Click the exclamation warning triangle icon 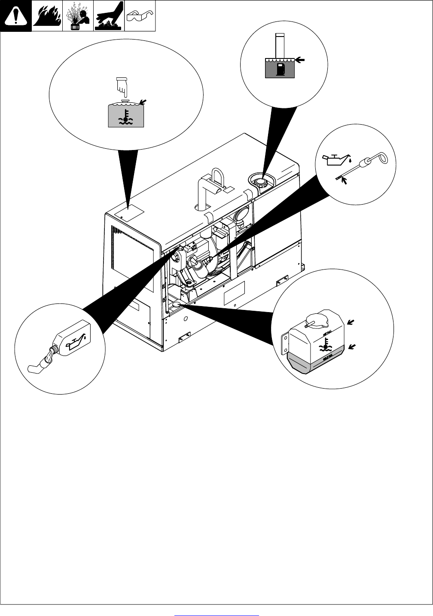point(16,16)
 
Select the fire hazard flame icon point(47,16)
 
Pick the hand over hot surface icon point(109,16)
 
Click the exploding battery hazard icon point(78,16)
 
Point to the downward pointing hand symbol point(122,86)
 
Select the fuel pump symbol point(280,69)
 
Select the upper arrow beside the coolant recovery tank point(351,322)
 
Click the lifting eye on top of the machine point(216,180)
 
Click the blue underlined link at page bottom point(217,615)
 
